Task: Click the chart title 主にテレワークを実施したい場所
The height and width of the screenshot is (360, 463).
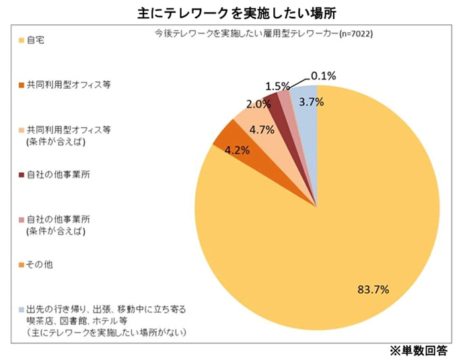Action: (231, 11)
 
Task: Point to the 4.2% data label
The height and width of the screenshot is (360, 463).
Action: (237, 151)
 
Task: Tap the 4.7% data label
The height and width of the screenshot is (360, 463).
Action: (260, 130)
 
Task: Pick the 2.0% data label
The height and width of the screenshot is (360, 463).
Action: (258, 104)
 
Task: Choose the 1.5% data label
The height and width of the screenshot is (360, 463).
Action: (277, 86)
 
